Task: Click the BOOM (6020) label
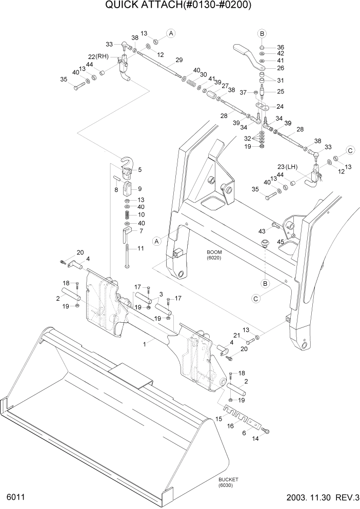point(213,256)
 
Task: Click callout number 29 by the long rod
point(179,61)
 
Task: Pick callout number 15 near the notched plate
point(218,419)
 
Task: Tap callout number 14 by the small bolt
point(255,440)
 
